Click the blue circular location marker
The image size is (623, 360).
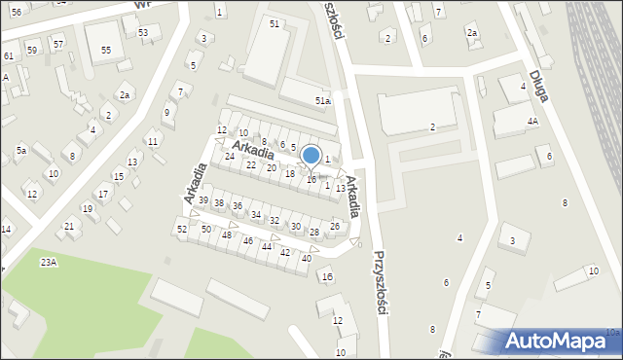[x=311, y=155]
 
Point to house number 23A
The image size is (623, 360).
[x=49, y=263]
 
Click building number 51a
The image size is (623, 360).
[x=322, y=100]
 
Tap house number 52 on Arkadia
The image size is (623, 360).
[x=182, y=229]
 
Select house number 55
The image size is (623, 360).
[x=106, y=49]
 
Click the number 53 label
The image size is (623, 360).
[x=143, y=32]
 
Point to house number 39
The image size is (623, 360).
[x=203, y=200]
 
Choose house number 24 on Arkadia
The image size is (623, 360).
[x=230, y=157]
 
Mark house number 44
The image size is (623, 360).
[x=266, y=246]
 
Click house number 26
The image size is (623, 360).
[x=334, y=226]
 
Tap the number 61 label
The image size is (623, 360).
[x=8, y=56]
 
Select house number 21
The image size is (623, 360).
[x=69, y=226]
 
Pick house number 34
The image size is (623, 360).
[x=256, y=215]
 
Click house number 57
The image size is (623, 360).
[x=58, y=45]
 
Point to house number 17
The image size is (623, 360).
[x=102, y=194]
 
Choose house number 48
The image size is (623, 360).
[x=226, y=235]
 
